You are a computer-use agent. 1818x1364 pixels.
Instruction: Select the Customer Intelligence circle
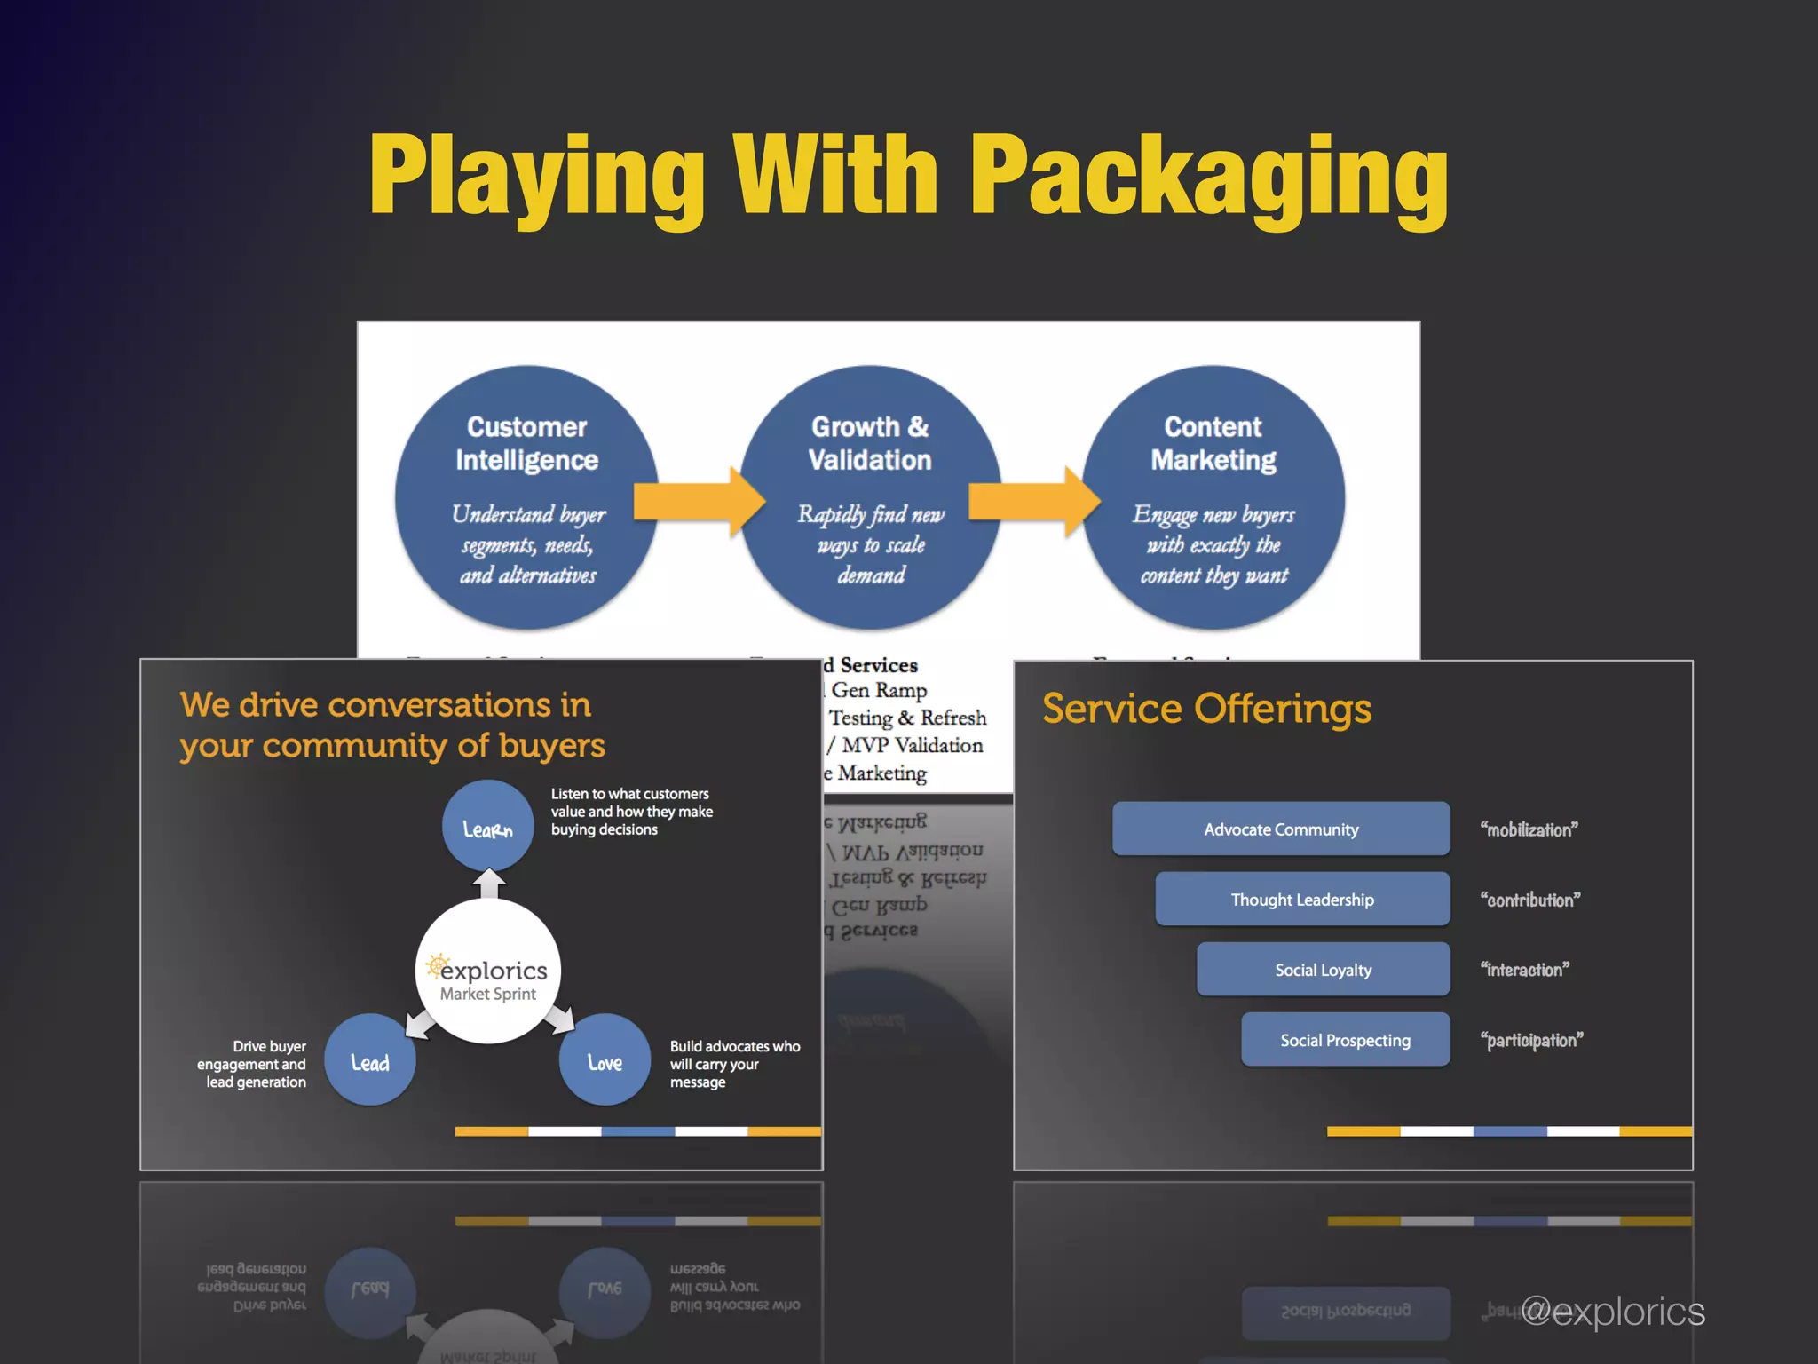coord(526,497)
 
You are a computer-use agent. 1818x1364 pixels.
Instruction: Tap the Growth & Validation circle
coord(870,497)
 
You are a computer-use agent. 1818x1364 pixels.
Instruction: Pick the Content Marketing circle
coord(1213,497)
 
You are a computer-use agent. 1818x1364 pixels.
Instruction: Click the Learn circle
coord(487,827)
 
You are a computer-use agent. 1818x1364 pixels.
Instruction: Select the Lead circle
coord(370,1060)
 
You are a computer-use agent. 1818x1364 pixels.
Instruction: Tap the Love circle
coord(605,1060)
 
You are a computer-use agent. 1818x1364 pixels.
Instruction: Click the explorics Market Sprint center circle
coord(488,972)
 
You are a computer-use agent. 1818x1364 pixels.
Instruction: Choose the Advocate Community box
coord(1280,829)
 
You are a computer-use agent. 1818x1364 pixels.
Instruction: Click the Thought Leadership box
coord(1301,899)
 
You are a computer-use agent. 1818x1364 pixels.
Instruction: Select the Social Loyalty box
coord(1323,969)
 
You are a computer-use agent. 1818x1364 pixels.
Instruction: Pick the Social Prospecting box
coord(1345,1039)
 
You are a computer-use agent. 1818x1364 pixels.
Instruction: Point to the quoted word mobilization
coord(1529,829)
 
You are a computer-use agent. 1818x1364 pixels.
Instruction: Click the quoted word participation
coord(1531,1040)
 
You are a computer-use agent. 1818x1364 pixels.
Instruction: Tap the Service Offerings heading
coord(1205,709)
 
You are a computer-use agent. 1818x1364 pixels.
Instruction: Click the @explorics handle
coord(1613,1312)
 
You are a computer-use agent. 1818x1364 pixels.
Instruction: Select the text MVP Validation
coord(912,745)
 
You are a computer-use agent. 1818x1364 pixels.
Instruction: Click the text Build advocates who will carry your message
coord(733,1064)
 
